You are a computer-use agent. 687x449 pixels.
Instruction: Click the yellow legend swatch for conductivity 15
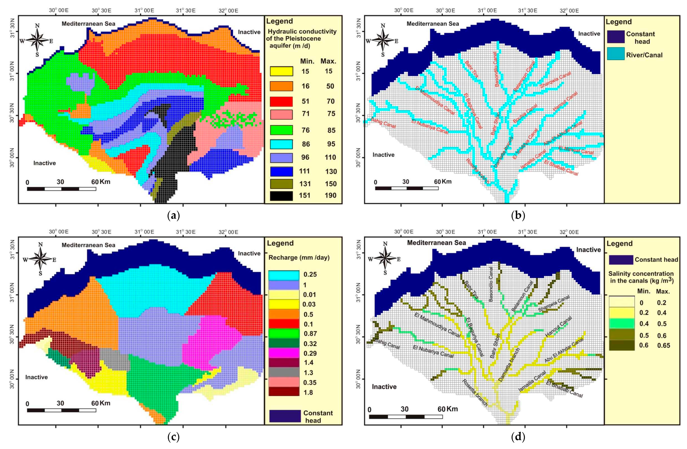pos(281,71)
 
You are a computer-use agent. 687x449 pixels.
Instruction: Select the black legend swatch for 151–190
pos(281,196)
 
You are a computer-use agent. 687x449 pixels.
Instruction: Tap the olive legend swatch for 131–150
pos(281,183)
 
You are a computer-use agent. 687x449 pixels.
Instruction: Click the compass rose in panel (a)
pos(37,40)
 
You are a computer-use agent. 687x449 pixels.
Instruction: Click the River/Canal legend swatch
pos(615,54)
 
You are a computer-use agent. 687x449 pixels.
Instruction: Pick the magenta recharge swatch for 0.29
pos(284,353)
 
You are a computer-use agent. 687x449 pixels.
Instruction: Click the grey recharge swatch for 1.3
pos(284,373)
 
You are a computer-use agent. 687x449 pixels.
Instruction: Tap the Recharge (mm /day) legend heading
pos(299,257)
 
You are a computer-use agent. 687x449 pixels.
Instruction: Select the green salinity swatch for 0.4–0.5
pos(621,324)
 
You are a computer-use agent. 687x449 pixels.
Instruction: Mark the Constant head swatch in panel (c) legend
pos(285,416)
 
